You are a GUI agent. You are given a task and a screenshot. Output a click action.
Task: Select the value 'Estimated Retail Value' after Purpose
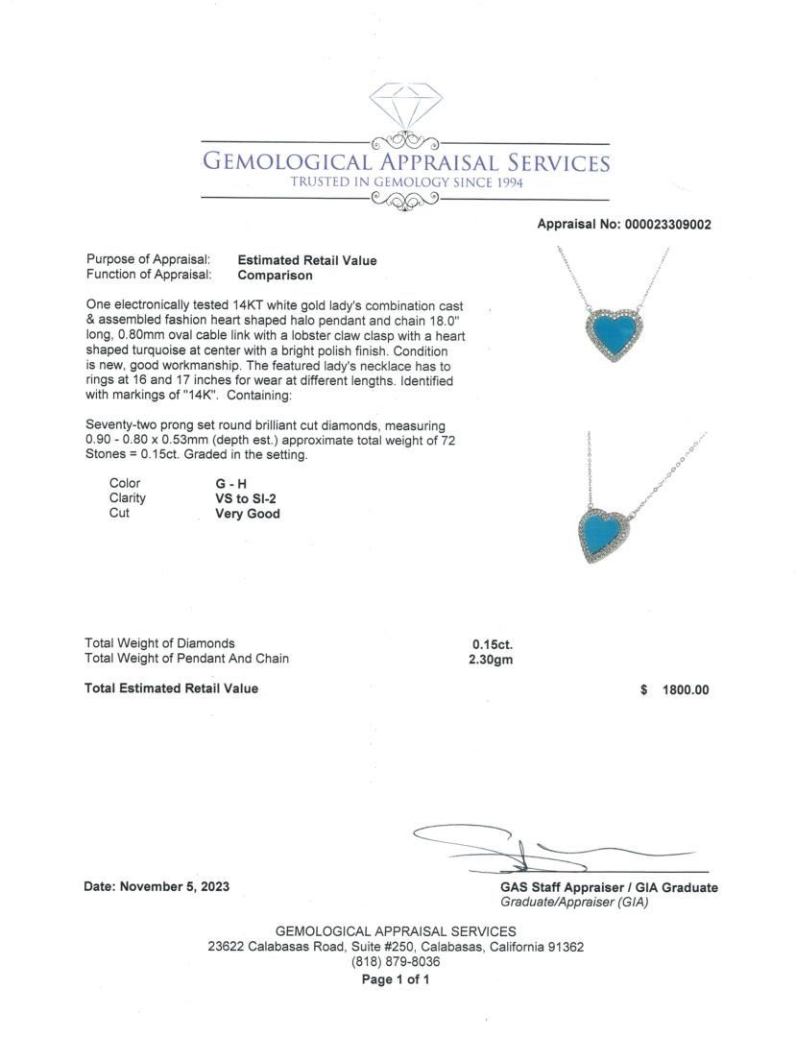[x=307, y=260]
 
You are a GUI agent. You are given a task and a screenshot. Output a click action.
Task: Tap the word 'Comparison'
[x=275, y=276]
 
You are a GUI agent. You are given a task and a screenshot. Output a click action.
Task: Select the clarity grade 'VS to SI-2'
[x=250, y=498]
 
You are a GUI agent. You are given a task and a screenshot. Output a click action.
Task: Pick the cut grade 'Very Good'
[x=248, y=514]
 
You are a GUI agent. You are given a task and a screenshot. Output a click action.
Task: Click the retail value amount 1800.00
[x=685, y=689]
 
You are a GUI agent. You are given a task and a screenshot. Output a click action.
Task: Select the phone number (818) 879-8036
[x=396, y=962]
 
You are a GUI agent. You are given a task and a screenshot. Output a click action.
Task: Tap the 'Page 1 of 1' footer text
[x=395, y=980]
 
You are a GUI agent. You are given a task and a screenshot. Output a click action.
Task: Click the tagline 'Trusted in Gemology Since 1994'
[x=406, y=182]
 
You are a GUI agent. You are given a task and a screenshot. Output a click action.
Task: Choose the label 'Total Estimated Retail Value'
[x=171, y=688]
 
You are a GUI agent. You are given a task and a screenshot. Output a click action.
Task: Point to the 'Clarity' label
[x=128, y=498]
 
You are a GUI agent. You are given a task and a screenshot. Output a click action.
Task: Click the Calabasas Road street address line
[x=396, y=947]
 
